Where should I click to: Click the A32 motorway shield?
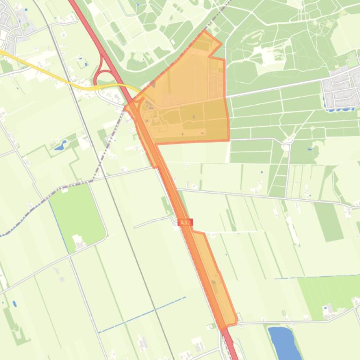(185, 222)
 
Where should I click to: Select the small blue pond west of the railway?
(59, 146)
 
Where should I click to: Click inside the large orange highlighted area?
(187, 108)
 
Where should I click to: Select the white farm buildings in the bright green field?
(79, 242)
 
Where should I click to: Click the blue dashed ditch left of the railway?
(140, 314)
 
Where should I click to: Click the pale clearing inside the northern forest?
(272, 56)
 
